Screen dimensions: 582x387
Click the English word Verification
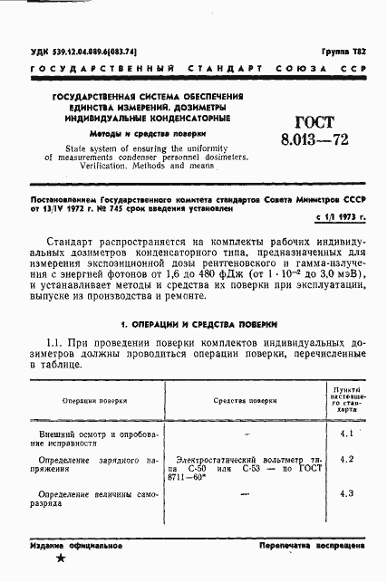coord(111,167)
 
